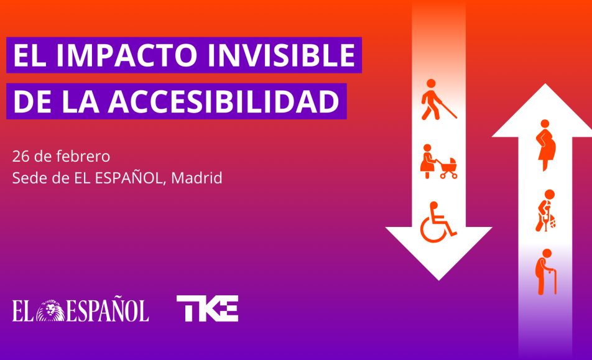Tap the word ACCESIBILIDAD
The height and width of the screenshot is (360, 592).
click(x=223, y=101)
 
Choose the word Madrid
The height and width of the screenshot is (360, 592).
click(x=197, y=178)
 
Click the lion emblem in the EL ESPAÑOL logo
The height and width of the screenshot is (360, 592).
click(x=50, y=310)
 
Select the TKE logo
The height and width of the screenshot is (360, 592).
click(x=207, y=308)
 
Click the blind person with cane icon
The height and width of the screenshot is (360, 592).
click(x=438, y=99)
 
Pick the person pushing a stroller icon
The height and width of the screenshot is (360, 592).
click(x=439, y=161)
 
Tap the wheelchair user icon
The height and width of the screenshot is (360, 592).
click(x=438, y=222)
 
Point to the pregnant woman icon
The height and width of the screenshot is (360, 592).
click(x=546, y=145)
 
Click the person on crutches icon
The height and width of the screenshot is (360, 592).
click(x=545, y=211)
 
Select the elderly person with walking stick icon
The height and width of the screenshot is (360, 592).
click(x=546, y=272)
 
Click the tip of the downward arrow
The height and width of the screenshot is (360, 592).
click(x=439, y=280)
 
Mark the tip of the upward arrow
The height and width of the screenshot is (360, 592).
click(x=545, y=84)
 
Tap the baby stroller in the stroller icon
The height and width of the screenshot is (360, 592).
click(x=448, y=168)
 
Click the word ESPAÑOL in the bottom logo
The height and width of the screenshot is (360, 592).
click(x=108, y=310)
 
